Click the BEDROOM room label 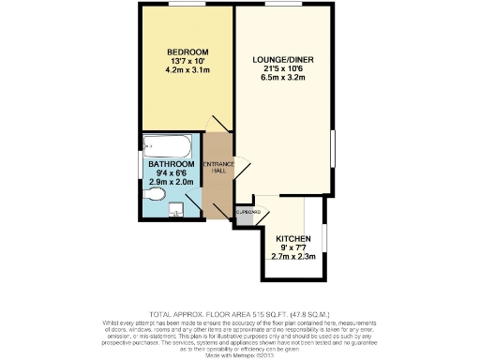187,51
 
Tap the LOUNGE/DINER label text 283,59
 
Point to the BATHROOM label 172,164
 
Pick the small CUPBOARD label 248,213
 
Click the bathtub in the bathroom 170,145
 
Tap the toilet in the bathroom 157,194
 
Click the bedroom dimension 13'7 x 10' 187,60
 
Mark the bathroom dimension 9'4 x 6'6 172,173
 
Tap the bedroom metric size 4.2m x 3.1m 187,69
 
